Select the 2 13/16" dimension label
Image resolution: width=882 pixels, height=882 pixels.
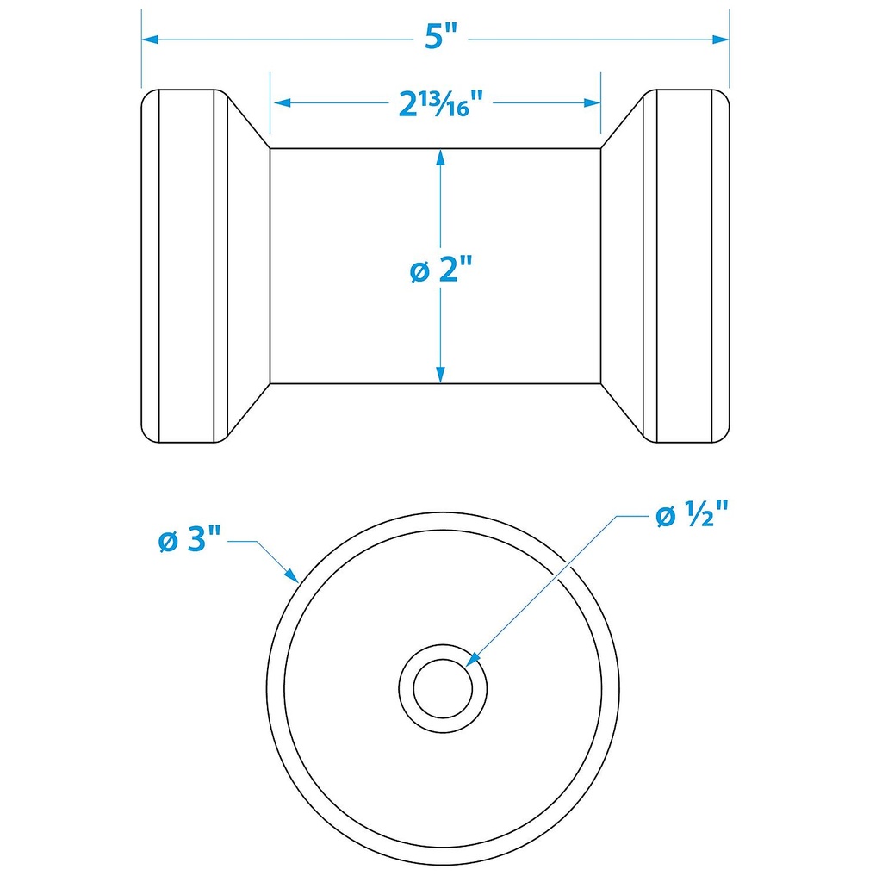coord(438,104)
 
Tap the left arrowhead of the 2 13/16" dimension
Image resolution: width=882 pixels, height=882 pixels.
coord(279,102)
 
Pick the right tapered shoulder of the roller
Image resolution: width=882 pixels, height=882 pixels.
coord(622,265)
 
